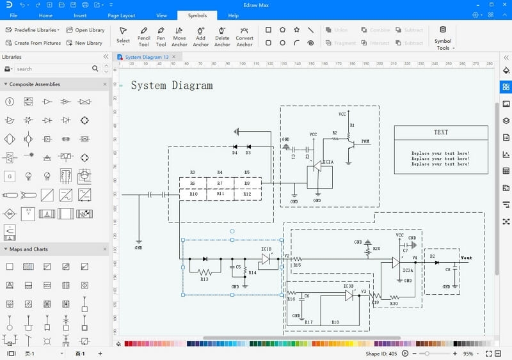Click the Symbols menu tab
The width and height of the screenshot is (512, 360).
(x=197, y=15)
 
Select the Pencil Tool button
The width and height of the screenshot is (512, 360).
(x=143, y=36)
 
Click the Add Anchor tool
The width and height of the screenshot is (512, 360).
(x=200, y=36)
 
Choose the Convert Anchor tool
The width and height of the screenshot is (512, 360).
(x=244, y=36)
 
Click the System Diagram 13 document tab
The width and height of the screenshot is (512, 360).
(x=147, y=57)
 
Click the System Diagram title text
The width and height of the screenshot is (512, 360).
(x=172, y=85)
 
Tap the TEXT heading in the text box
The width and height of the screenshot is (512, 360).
(x=441, y=132)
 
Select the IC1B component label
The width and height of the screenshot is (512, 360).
(x=266, y=249)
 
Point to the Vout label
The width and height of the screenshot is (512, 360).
(x=467, y=258)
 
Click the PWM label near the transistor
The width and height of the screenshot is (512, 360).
(x=365, y=141)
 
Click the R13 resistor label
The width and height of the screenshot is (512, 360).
(x=204, y=279)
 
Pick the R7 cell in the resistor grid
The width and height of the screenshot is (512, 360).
(x=220, y=183)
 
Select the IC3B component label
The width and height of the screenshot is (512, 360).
(x=348, y=286)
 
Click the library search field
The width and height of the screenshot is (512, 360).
(x=54, y=69)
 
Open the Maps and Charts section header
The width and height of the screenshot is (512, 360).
(x=29, y=249)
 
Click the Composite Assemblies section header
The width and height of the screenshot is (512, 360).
(x=35, y=84)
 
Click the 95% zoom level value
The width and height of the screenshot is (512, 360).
(x=468, y=354)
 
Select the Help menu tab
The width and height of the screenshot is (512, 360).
(x=233, y=15)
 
